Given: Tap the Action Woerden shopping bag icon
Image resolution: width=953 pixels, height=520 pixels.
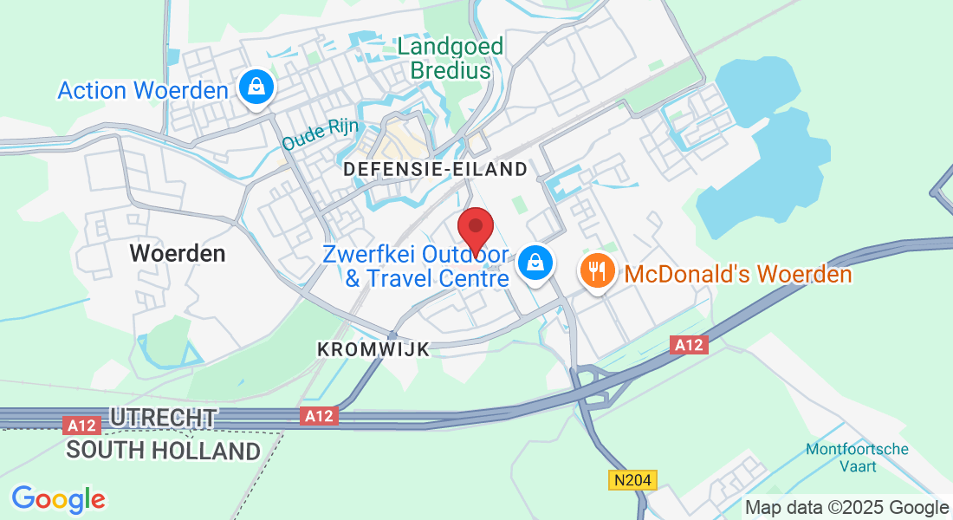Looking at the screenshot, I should [256, 88].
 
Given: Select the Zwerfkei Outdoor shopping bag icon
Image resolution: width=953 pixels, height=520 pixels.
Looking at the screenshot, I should [535, 261].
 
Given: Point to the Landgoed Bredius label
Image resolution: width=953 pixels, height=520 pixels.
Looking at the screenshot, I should [451, 58].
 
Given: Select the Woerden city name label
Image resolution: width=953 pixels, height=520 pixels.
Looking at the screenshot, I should [178, 253].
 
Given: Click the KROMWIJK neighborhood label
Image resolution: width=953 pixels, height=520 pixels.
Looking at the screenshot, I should [373, 349].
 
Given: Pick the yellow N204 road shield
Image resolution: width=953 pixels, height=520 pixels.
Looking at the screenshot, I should [633, 479].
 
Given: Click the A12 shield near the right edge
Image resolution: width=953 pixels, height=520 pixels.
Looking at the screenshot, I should [690, 345].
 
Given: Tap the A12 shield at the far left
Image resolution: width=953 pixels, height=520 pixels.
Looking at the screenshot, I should [82, 425].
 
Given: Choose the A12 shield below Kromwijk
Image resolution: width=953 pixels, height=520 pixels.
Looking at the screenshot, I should [321, 417].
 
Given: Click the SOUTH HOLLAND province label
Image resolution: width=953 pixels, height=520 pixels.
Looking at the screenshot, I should [163, 451].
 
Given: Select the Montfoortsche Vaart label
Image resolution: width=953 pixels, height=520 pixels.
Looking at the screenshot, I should [857, 458].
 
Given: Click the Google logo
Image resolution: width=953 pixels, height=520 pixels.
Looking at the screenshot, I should [58, 499].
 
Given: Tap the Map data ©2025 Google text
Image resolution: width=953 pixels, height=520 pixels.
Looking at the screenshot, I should [846, 508].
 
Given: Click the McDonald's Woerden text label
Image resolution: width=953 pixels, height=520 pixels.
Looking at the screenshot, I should [738, 275].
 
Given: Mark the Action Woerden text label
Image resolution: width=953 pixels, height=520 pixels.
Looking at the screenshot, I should [143, 90].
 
